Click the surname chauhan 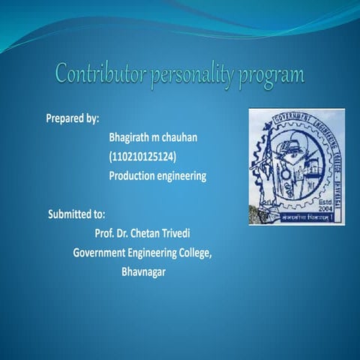pos(187,138)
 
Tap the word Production pos(135,175)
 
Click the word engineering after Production pos(184,175)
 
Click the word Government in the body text pos(102,253)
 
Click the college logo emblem pos(297,166)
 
